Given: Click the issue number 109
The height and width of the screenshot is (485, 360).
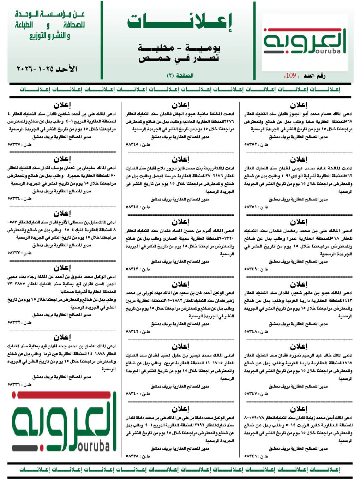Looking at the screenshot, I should click(x=291, y=75).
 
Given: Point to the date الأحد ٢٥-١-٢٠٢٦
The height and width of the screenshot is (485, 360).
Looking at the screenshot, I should click(x=47, y=69).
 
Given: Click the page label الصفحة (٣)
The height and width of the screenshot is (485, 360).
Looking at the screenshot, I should click(x=180, y=75).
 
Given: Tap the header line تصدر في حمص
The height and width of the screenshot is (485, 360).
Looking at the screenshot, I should click(x=179, y=58).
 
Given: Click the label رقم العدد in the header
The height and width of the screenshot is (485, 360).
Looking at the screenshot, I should click(x=314, y=76).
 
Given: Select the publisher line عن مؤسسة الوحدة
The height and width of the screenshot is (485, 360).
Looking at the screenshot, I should click(x=49, y=14).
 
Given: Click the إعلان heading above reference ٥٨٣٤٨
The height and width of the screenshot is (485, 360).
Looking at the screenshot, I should click(x=299, y=284).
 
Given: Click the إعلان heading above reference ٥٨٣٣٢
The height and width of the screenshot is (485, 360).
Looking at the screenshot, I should click(x=62, y=268).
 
